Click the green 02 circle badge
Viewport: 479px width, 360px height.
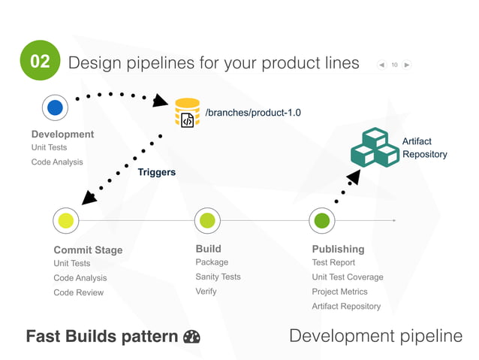coord(39,60)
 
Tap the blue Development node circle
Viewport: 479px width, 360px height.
coord(55,107)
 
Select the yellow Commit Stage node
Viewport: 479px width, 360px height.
coord(66,220)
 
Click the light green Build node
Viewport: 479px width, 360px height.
coord(207,220)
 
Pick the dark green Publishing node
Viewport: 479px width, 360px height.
coord(322,220)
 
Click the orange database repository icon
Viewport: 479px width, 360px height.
coord(187,113)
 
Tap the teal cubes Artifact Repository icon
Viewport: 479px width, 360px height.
coord(374,147)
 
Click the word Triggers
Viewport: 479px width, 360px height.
coord(156,172)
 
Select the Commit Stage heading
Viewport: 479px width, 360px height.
coord(88,250)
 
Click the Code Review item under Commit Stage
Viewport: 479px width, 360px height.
coord(78,292)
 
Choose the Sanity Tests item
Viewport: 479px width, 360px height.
coord(218,277)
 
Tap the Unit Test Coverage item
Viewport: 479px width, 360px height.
coord(347,277)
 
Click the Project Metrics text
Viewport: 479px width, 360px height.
coord(339,292)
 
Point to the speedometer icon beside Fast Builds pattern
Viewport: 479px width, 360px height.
coord(191,337)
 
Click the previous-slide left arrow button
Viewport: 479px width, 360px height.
coord(382,65)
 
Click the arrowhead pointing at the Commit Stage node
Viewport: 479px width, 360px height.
coord(89,198)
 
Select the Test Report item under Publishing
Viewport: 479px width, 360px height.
coord(333,262)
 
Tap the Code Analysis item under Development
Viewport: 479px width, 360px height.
coord(57,162)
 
